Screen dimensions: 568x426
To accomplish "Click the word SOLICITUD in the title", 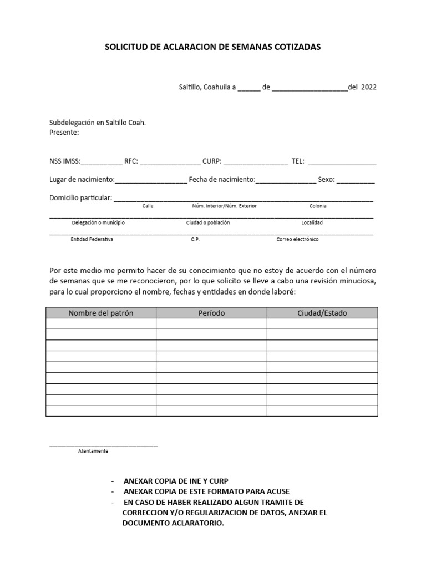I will [x=125, y=48].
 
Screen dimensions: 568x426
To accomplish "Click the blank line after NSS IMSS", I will [x=102, y=163].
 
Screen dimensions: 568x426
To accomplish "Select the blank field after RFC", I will [x=170, y=163].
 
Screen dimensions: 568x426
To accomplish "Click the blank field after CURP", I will [x=256, y=163].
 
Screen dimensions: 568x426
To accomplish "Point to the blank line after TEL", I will [x=342, y=163].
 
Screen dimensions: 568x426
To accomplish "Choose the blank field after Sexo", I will [x=356, y=181].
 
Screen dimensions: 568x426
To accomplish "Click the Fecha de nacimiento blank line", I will [x=285, y=181].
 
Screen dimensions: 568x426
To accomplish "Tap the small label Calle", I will [x=148, y=206].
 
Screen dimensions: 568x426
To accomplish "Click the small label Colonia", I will [x=318, y=206].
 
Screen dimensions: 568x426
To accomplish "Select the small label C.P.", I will [x=195, y=239].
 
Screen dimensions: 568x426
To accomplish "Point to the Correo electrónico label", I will [x=298, y=239].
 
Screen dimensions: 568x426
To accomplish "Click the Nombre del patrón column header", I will [x=101, y=313].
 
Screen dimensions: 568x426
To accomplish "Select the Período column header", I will [x=211, y=313].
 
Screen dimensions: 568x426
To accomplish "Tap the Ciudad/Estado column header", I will [x=322, y=313].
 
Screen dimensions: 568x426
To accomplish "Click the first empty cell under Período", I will [x=211, y=324].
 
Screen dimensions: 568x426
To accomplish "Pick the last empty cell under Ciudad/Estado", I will [x=322, y=411].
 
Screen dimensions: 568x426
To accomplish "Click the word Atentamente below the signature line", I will [x=93, y=451].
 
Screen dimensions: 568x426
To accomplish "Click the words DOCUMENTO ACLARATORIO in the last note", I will [x=173, y=523].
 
